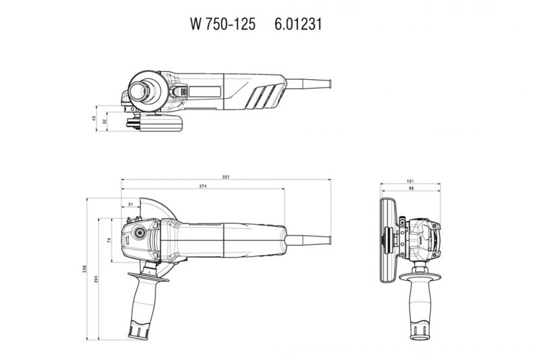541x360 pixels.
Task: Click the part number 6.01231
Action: coord(298,24)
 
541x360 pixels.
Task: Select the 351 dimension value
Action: coord(226,177)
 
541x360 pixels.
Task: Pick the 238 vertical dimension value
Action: coord(85,267)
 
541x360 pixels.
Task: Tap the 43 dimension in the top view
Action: coord(94,119)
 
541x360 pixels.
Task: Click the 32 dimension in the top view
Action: coord(104,122)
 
